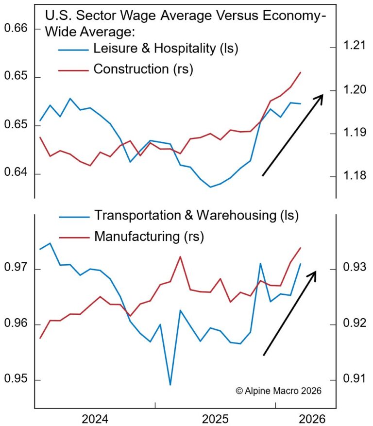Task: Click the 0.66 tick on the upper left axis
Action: click(16, 29)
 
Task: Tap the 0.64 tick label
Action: click(16, 174)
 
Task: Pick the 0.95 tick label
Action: click(16, 379)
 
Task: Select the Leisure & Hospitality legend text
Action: click(167, 49)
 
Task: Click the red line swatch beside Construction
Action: click(73, 69)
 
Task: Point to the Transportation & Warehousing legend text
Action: click(196, 215)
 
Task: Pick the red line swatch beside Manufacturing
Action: click(73, 237)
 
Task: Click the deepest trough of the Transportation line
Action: click(170, 385)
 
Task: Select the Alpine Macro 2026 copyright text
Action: click(278, 391)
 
